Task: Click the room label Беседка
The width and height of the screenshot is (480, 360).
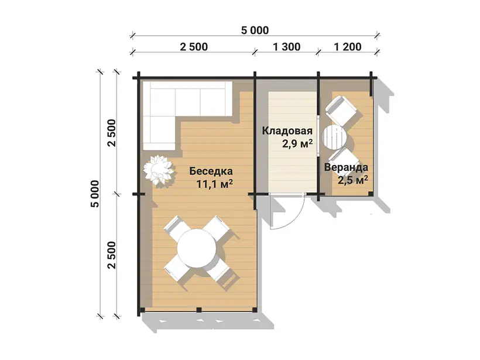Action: coord(211,171)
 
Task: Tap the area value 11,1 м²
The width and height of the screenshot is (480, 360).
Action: coord(215,184)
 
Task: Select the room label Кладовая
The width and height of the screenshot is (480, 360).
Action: coord(287,131)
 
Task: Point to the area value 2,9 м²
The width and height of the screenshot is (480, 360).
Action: coord(297,144)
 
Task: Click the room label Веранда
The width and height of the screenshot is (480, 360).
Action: coord(346,167)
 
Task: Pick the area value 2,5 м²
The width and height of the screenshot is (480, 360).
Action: coord(352,180)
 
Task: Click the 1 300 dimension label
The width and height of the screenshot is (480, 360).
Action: coord(286,47)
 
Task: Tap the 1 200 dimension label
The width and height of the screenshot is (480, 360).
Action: coord(348,47)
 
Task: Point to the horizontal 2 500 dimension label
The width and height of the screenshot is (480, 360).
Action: coord(194,47)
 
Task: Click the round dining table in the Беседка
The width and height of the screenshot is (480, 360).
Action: coord(197,248)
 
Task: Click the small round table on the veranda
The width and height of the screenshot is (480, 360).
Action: coord(334,138)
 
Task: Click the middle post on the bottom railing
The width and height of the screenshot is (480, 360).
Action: coord(199,310)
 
